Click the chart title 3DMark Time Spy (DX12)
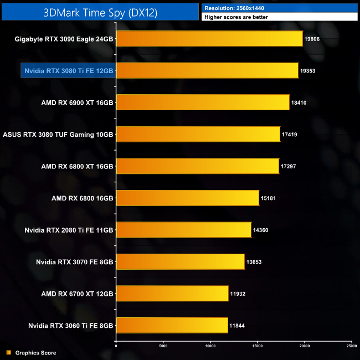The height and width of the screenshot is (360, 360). [100, 12]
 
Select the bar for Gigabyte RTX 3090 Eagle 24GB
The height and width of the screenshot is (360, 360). [209, 39]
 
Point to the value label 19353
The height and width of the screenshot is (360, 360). [308, 71]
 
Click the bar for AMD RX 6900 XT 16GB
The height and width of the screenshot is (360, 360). [203, 102]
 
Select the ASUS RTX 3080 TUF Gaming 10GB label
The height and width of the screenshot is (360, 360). [58, 135]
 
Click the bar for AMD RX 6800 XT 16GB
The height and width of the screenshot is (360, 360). [197, 166]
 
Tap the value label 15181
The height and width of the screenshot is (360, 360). [269, 198]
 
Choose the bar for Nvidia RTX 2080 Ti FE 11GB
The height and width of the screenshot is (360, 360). [183, 230]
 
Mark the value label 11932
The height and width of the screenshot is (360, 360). [238, 294]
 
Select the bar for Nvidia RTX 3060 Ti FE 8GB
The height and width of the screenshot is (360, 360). [172, 326]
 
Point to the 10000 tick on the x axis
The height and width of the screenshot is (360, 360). [210, 346]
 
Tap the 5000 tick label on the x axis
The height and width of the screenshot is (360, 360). [163, 346]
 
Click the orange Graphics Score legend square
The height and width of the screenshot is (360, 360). [8, 352]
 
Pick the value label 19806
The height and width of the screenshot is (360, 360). [312, 39]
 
